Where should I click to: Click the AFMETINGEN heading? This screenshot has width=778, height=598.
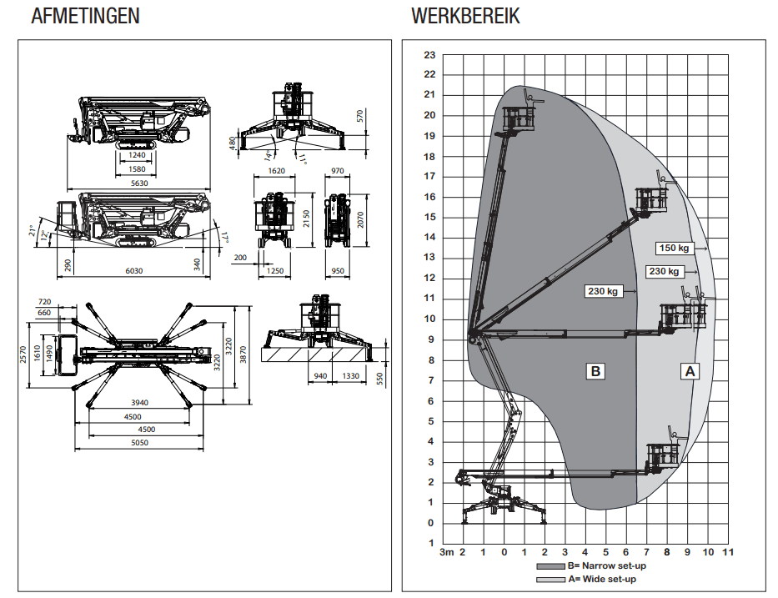85,16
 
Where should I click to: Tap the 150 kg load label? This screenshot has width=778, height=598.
675,248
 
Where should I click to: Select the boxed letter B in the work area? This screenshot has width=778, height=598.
595,371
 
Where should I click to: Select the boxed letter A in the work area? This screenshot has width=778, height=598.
690,371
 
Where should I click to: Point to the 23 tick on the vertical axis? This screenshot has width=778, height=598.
429,55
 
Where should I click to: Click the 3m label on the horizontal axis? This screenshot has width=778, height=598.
447,552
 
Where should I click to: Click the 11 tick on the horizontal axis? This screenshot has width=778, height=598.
728,552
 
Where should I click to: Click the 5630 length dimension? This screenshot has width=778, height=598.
138,183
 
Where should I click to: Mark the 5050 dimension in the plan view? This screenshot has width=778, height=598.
138,442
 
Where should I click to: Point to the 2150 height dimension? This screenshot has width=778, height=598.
306,219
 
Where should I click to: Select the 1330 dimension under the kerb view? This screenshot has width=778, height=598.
351,377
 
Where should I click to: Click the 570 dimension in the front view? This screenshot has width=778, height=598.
360,117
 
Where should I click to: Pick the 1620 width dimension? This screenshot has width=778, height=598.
277,170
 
